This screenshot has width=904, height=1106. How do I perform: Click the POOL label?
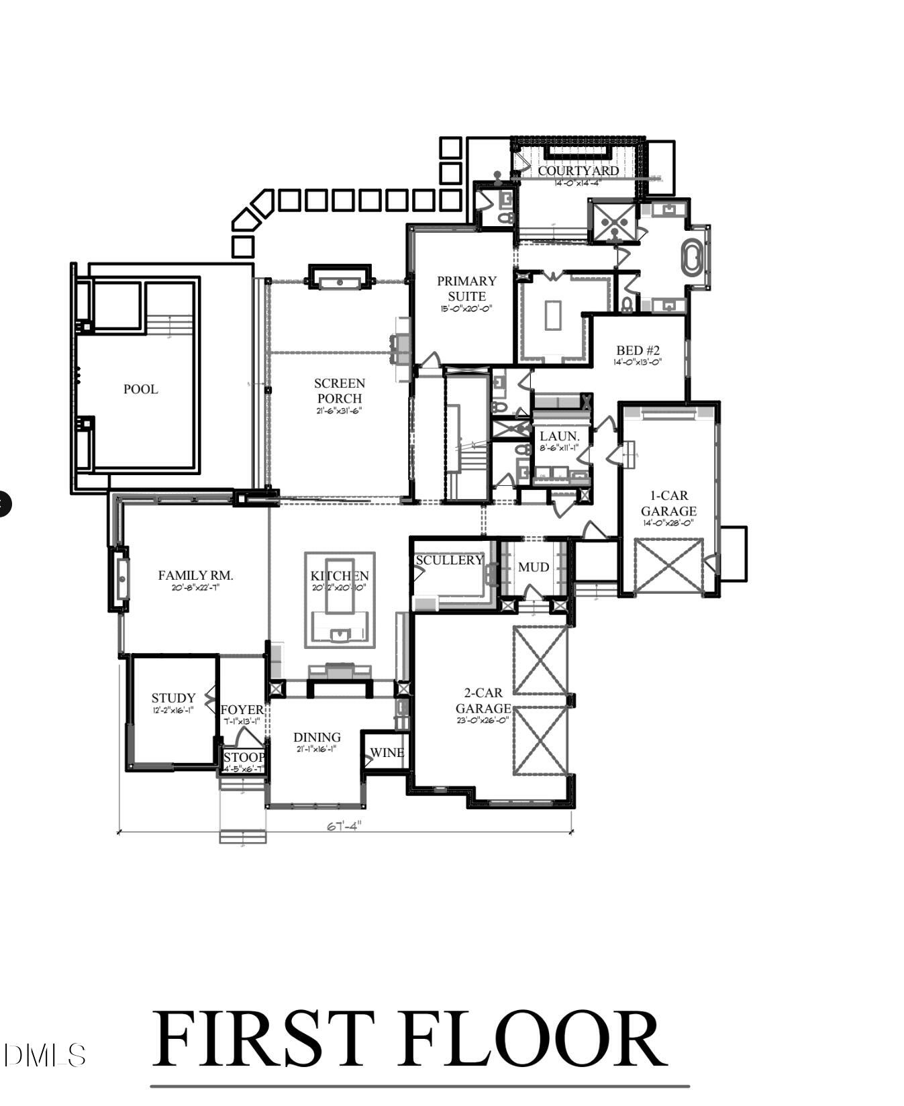point(140,389)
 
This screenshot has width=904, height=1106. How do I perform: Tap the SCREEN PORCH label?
point(340,391)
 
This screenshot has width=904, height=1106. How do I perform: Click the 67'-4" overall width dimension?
point(344,826)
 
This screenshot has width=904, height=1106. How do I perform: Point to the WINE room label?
point(387,753)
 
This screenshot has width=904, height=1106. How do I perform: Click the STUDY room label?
point(173,698)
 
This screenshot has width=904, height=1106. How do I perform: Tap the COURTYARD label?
point(578,170)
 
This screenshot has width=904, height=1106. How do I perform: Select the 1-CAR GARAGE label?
point(668,503)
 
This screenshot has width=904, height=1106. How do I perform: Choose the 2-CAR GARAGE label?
point(483,701)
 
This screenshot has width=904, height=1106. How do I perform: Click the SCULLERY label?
point(449,560)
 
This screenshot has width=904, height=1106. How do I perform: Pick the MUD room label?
point(534,567)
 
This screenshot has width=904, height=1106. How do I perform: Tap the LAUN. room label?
point(559,436)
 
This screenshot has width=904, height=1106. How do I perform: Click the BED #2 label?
point(638,350)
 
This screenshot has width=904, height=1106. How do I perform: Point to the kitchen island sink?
point(340,634)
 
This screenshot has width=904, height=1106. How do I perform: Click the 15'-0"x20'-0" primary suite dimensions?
point(466,309)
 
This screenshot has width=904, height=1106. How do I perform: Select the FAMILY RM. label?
point(195,575)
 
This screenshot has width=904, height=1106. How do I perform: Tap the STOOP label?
point(244,758)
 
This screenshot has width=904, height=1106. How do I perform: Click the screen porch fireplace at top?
point(340,277)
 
